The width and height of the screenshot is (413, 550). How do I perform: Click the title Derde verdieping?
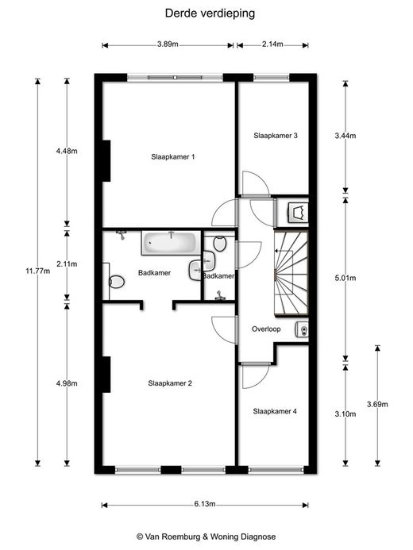[210, 13]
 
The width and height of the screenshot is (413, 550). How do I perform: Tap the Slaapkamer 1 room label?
[172, 157]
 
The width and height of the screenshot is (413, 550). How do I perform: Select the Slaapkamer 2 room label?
[170, 383]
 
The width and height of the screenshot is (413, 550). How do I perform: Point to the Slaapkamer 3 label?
[276, 136]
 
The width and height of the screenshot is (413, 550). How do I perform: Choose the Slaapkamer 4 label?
[275, 411]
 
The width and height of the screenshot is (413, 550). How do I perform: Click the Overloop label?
[266, 329]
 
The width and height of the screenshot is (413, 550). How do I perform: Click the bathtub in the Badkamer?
[172, 242]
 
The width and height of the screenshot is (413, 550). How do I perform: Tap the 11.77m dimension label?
[38, 271]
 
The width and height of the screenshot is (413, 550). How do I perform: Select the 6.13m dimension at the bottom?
[205, 504]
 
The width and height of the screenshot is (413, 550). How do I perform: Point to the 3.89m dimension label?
[168, 44]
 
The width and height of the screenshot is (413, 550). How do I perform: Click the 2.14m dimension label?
[272, 44]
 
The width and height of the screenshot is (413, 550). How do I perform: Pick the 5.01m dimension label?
[345, 278]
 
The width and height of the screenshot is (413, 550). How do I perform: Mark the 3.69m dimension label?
[377, 404]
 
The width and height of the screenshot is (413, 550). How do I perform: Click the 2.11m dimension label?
[67, 263]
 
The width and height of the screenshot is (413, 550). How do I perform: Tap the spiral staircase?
[291, 274]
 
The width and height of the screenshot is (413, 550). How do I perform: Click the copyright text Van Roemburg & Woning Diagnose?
[206, 537]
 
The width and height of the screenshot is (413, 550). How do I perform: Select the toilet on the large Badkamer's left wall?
[117, 281]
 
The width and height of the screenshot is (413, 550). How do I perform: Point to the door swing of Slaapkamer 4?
[256, 376]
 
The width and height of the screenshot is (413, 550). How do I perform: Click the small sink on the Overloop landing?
[302, 329]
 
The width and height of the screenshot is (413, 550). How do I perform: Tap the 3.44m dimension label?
[345, 136]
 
